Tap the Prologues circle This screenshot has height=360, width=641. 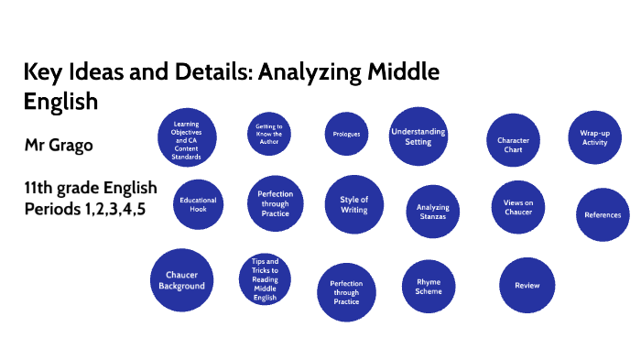pos(342,135)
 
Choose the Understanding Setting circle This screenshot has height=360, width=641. pos(418,136)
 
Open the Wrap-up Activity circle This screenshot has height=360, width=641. pos(594,137)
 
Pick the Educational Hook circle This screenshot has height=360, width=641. pos(197,202)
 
